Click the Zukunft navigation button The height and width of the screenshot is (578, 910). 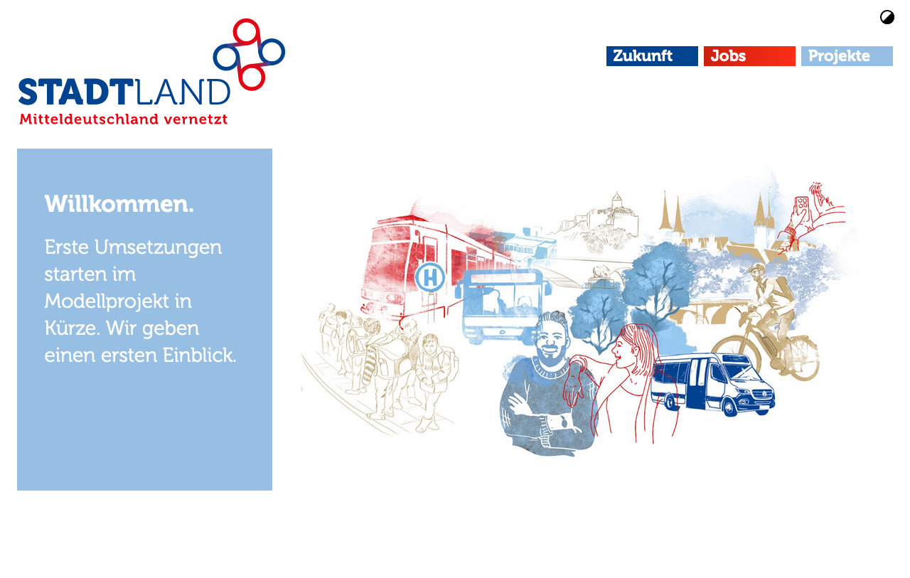point(652,56)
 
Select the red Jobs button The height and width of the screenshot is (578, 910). point(749,56)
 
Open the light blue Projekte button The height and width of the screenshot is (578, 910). point(847,56)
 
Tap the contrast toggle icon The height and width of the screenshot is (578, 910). point(887,18)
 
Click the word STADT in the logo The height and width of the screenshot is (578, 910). point(76,92)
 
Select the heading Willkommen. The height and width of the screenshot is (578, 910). point(119,204)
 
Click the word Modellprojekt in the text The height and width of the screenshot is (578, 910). point(107,302)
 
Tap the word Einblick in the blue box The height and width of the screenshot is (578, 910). point(199,355)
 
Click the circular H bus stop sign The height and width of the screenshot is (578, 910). point(430,277)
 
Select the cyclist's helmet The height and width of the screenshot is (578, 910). point(756,268)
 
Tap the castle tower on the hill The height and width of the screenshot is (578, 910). point(616,200)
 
